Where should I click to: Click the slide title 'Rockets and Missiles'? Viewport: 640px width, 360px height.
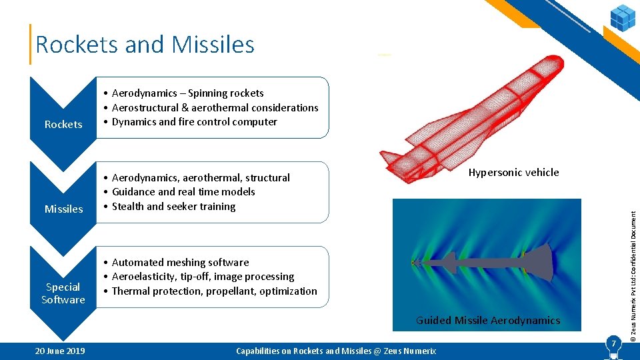145,45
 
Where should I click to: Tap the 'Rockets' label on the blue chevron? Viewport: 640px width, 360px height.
63,124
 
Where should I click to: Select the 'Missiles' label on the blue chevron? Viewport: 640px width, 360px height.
63,209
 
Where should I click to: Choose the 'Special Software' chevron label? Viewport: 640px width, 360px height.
63,293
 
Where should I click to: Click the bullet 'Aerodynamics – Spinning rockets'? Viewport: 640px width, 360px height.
187,93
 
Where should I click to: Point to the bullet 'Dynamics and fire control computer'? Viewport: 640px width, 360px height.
194,122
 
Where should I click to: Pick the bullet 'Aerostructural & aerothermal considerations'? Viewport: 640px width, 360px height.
215,107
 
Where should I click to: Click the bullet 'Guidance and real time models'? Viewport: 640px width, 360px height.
183,192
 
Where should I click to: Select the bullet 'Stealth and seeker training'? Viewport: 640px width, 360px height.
173,207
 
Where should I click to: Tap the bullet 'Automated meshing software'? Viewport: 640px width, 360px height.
180,263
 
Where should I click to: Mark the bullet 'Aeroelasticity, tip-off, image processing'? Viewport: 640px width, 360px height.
203,277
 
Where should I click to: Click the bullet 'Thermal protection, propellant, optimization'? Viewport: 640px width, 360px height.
214,291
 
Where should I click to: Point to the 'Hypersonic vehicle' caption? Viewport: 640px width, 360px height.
513,173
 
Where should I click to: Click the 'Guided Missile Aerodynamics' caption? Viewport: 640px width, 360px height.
488,321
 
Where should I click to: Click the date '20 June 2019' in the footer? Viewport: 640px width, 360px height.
60,351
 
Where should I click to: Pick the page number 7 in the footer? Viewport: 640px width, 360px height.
611,345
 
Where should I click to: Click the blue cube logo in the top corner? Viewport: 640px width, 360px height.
623,17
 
